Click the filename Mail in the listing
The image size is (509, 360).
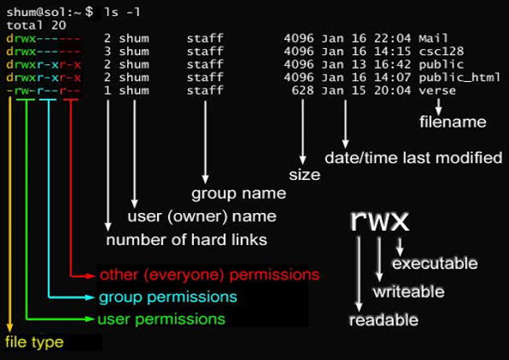433,39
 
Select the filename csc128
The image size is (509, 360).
441,52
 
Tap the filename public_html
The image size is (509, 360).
459,77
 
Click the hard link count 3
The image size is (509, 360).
107,52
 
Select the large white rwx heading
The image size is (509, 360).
380,221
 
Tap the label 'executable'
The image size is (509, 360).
435,263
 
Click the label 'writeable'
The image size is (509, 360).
408,292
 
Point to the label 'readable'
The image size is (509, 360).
383,320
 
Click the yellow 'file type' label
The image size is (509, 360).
34,342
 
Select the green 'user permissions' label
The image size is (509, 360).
161,320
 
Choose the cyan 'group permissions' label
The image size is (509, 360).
168,297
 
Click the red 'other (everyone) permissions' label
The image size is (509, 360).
209,275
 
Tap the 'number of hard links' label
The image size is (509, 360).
186,240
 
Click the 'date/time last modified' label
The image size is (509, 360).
413,158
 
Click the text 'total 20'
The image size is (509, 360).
36,25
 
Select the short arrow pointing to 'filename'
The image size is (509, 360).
439,105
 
